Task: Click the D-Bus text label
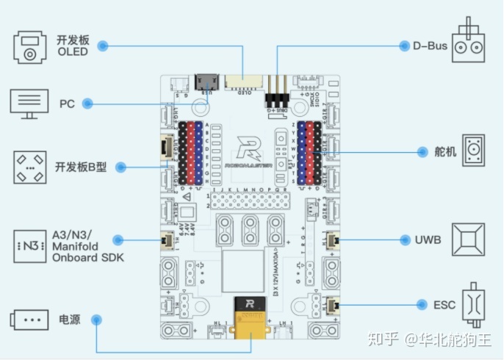point(430,46)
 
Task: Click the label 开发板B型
point(81,168)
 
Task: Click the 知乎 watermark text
point(384,339)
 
